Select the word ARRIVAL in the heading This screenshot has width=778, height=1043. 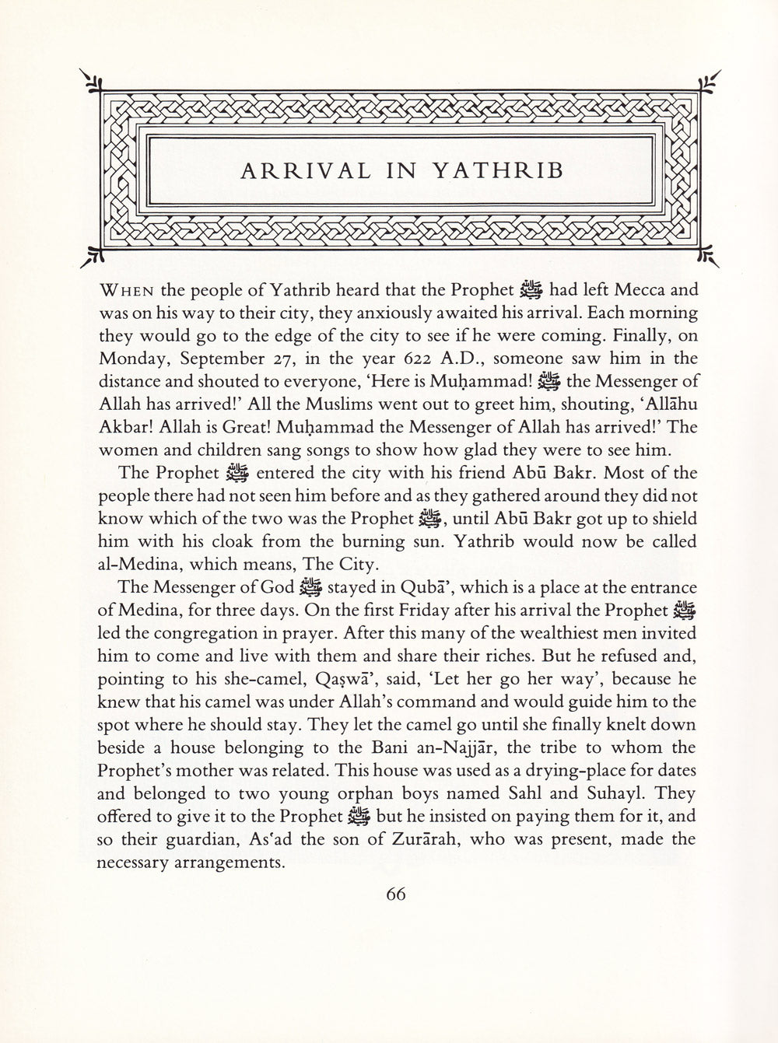[x=295, y=171]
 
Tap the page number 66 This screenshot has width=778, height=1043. [x=396, y=894]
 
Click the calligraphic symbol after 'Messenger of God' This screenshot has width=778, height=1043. [x=310, y=587]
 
